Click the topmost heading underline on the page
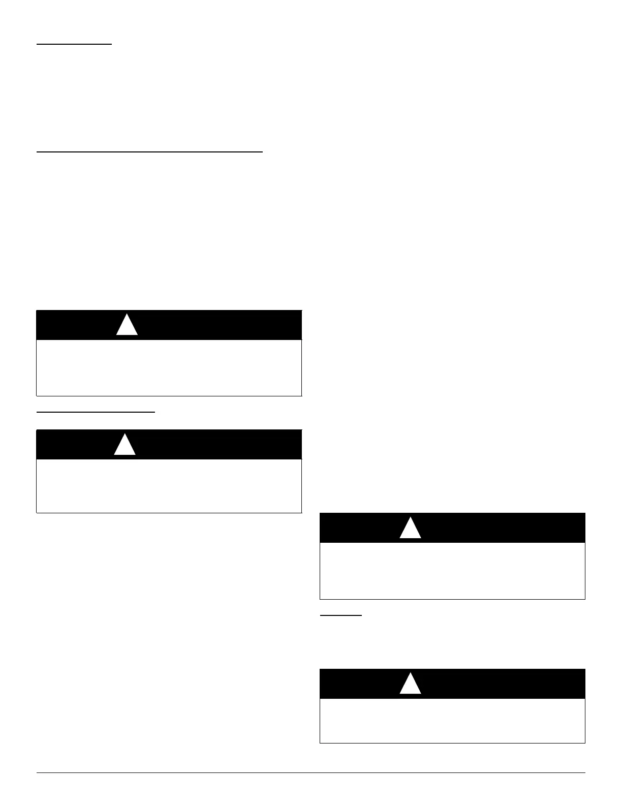point(74,45)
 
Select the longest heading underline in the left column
point(149,151)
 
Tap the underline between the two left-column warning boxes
point(96,413)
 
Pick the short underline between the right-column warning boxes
point(340,615)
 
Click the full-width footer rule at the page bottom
point(310,773)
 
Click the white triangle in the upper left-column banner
point(127,326)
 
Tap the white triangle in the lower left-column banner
point(125,445)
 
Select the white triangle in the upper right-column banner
point(410,529)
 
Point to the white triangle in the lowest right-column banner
point(410,685)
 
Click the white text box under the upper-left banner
point(169,367)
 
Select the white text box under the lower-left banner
point(169,486)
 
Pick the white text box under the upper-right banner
point(452,571)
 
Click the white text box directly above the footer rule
point(452,721)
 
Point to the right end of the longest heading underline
point(262,151)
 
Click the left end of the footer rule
point(38,773)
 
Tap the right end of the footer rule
point(584,773)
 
